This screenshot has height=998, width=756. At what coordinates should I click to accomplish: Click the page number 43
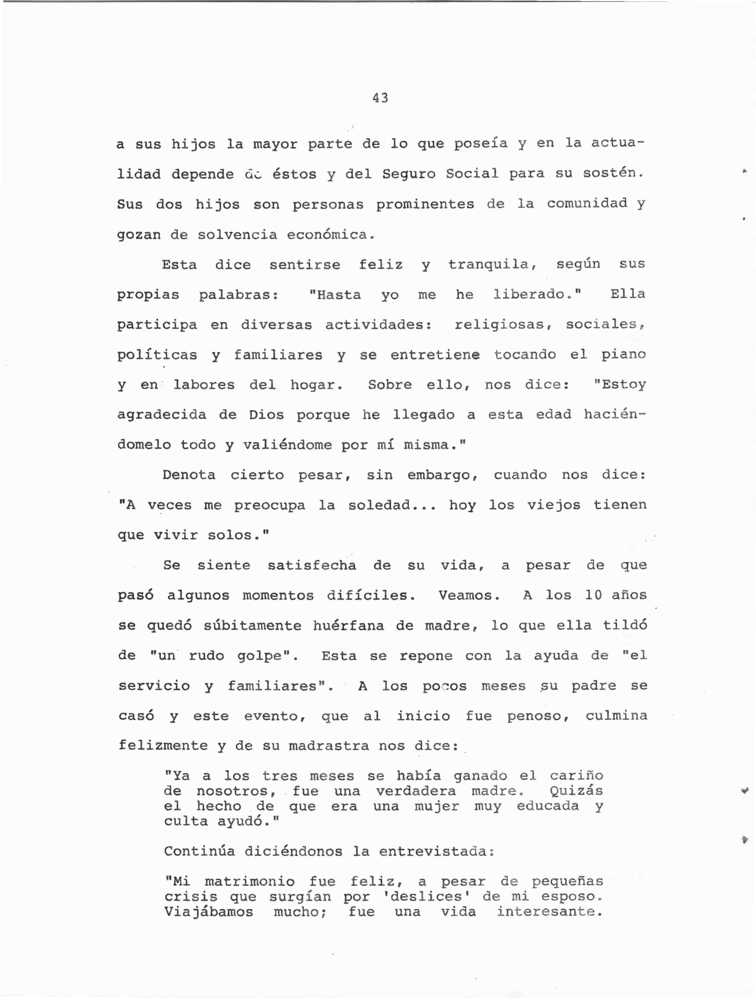[x=380, y=98]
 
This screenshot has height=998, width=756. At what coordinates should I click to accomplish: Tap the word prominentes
[x=425, y=205]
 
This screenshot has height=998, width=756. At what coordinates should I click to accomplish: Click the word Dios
[x=266, y=415]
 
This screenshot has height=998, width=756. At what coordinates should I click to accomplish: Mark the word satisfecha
[x=312, y=565]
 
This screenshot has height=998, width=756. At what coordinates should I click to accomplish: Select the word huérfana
[x=348, y=626]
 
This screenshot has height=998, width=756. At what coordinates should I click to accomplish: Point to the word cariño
[x=576, y=776]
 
